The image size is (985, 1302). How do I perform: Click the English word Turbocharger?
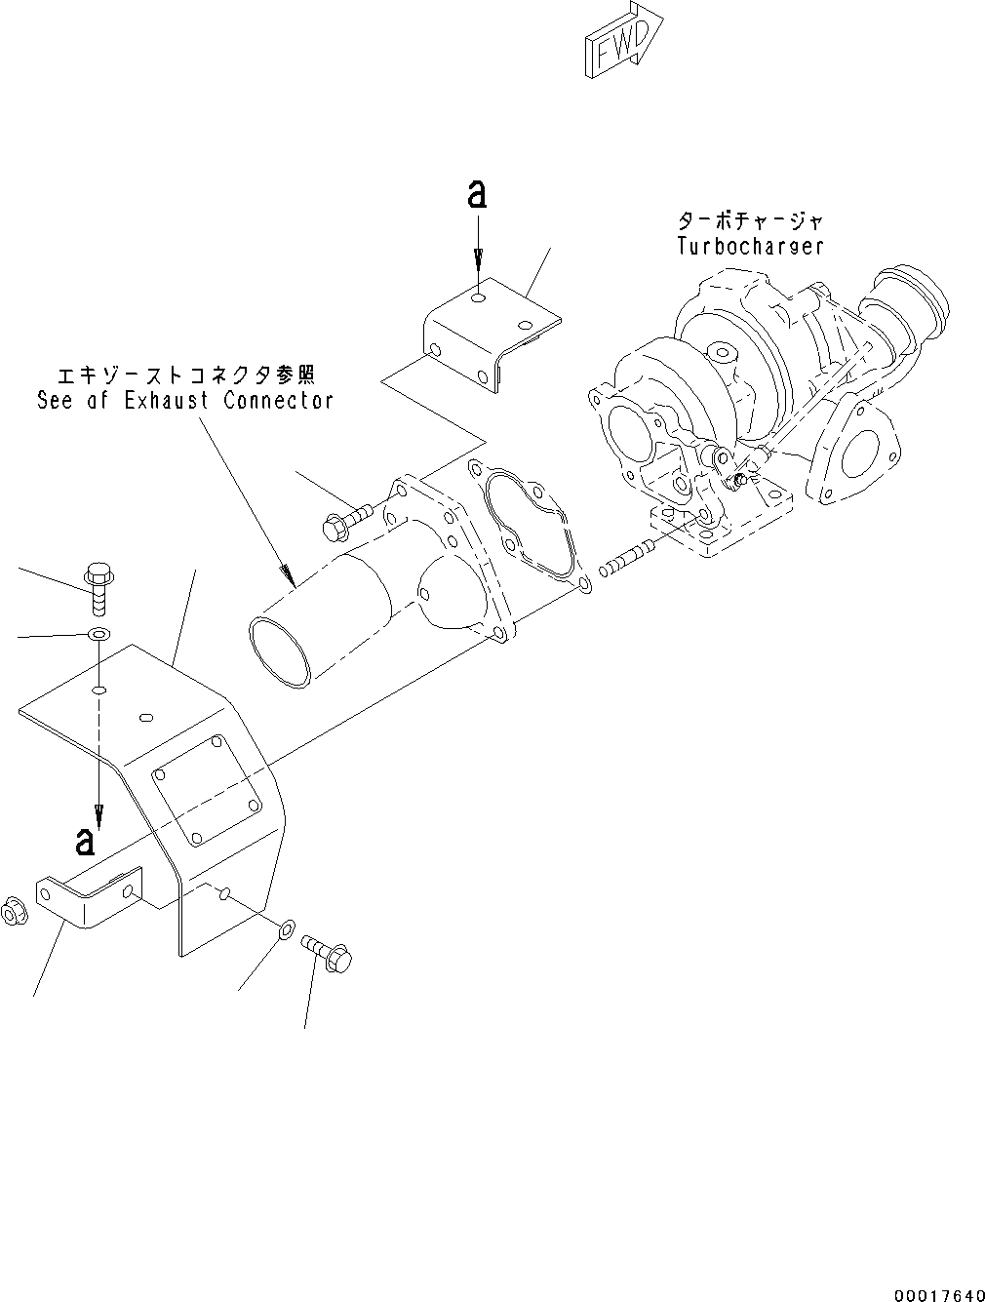(750, 247)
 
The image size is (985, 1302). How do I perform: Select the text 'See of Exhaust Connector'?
(185, 400)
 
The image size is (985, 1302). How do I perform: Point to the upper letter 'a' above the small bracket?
(477, 196)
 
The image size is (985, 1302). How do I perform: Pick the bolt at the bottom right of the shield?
(330, 952)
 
